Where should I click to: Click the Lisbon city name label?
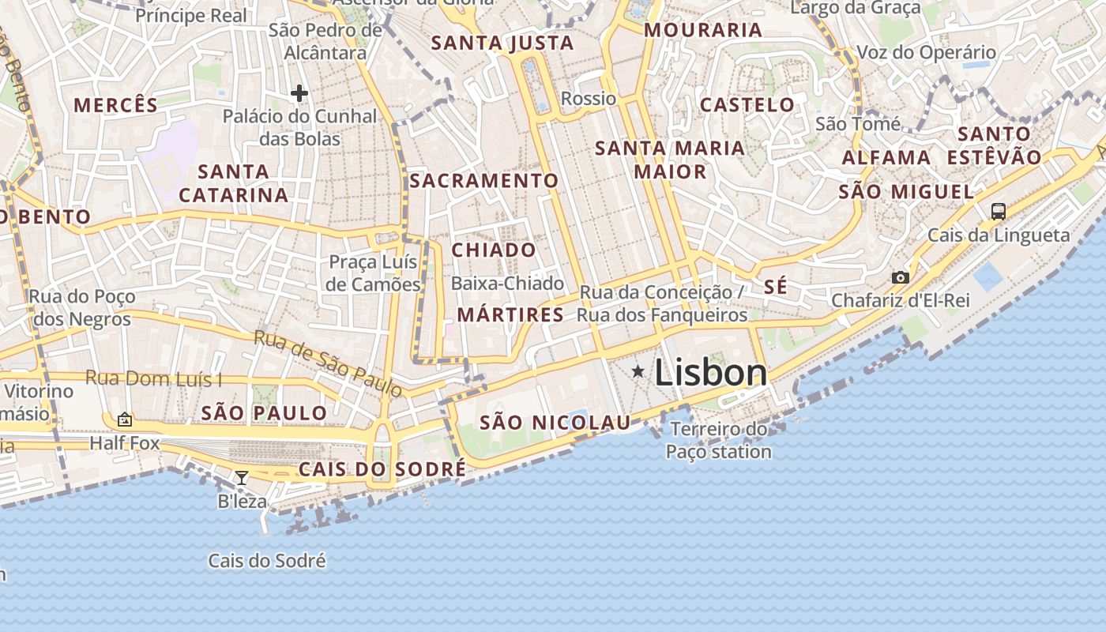(710, 373)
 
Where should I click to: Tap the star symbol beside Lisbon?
(638, 371)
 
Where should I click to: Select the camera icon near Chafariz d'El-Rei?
(900, 277)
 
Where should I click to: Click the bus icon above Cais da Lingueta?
(999, 211)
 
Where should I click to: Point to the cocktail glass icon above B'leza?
(242, 477)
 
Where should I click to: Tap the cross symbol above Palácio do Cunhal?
(299, 93)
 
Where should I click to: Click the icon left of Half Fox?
(124, 419)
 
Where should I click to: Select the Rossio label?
(588, 99)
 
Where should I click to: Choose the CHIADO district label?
(494, 250)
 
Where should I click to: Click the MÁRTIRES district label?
(510, 315)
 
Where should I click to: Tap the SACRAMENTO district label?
(483, 181)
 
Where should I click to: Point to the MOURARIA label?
(703, 30)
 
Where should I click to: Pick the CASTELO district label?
(747, 104)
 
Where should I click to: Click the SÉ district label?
(776, 287)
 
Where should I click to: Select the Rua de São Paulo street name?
(328, 363)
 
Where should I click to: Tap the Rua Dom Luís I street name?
(153, 378)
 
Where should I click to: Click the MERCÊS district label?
(116, 104)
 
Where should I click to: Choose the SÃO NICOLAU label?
(555, 423)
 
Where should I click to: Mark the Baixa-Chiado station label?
(507, 283)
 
